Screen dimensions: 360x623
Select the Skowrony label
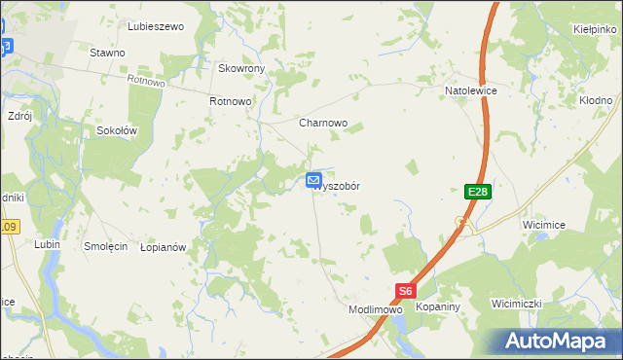[241, 69]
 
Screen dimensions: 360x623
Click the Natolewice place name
[471, 90]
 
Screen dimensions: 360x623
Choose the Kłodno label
[595, 100]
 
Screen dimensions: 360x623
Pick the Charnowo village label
[323, 124]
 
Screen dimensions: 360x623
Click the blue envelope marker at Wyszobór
[314, 180]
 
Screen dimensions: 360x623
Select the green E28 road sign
[477, 193]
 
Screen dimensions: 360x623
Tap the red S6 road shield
[406, 291]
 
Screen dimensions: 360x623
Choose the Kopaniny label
[437, 306]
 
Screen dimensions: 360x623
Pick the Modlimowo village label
[376, 309]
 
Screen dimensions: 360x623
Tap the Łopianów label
[163, 248]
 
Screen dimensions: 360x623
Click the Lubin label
[47, 244]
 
